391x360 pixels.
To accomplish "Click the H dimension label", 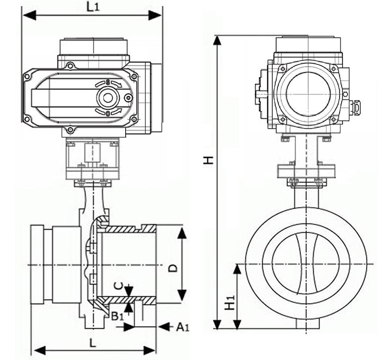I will click(209, 160).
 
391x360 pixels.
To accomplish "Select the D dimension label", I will click(173, 269).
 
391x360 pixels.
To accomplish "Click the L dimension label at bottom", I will click(93, 342).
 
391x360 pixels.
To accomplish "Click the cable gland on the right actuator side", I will click(355, 105).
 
